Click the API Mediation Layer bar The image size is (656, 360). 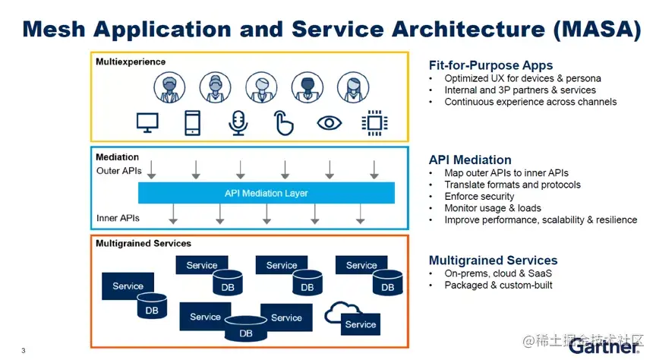point(266,194)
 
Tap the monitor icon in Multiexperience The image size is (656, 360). point(147,122)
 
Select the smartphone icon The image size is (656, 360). point(192,122)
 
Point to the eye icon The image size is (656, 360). point(329,122)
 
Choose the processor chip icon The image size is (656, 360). point(373,122)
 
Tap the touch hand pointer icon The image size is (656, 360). point(283,122)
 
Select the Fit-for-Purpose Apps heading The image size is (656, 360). point(490,65)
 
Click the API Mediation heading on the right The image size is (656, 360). point(470,159)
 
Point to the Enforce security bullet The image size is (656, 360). point(479,196)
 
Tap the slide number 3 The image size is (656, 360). point(23,350)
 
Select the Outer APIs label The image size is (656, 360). point(119,171)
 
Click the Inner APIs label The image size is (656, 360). point(118,219)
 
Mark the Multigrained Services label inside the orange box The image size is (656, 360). point(143,244)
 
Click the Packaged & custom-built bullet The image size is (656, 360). point(498,286)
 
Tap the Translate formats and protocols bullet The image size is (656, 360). point(512,185)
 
